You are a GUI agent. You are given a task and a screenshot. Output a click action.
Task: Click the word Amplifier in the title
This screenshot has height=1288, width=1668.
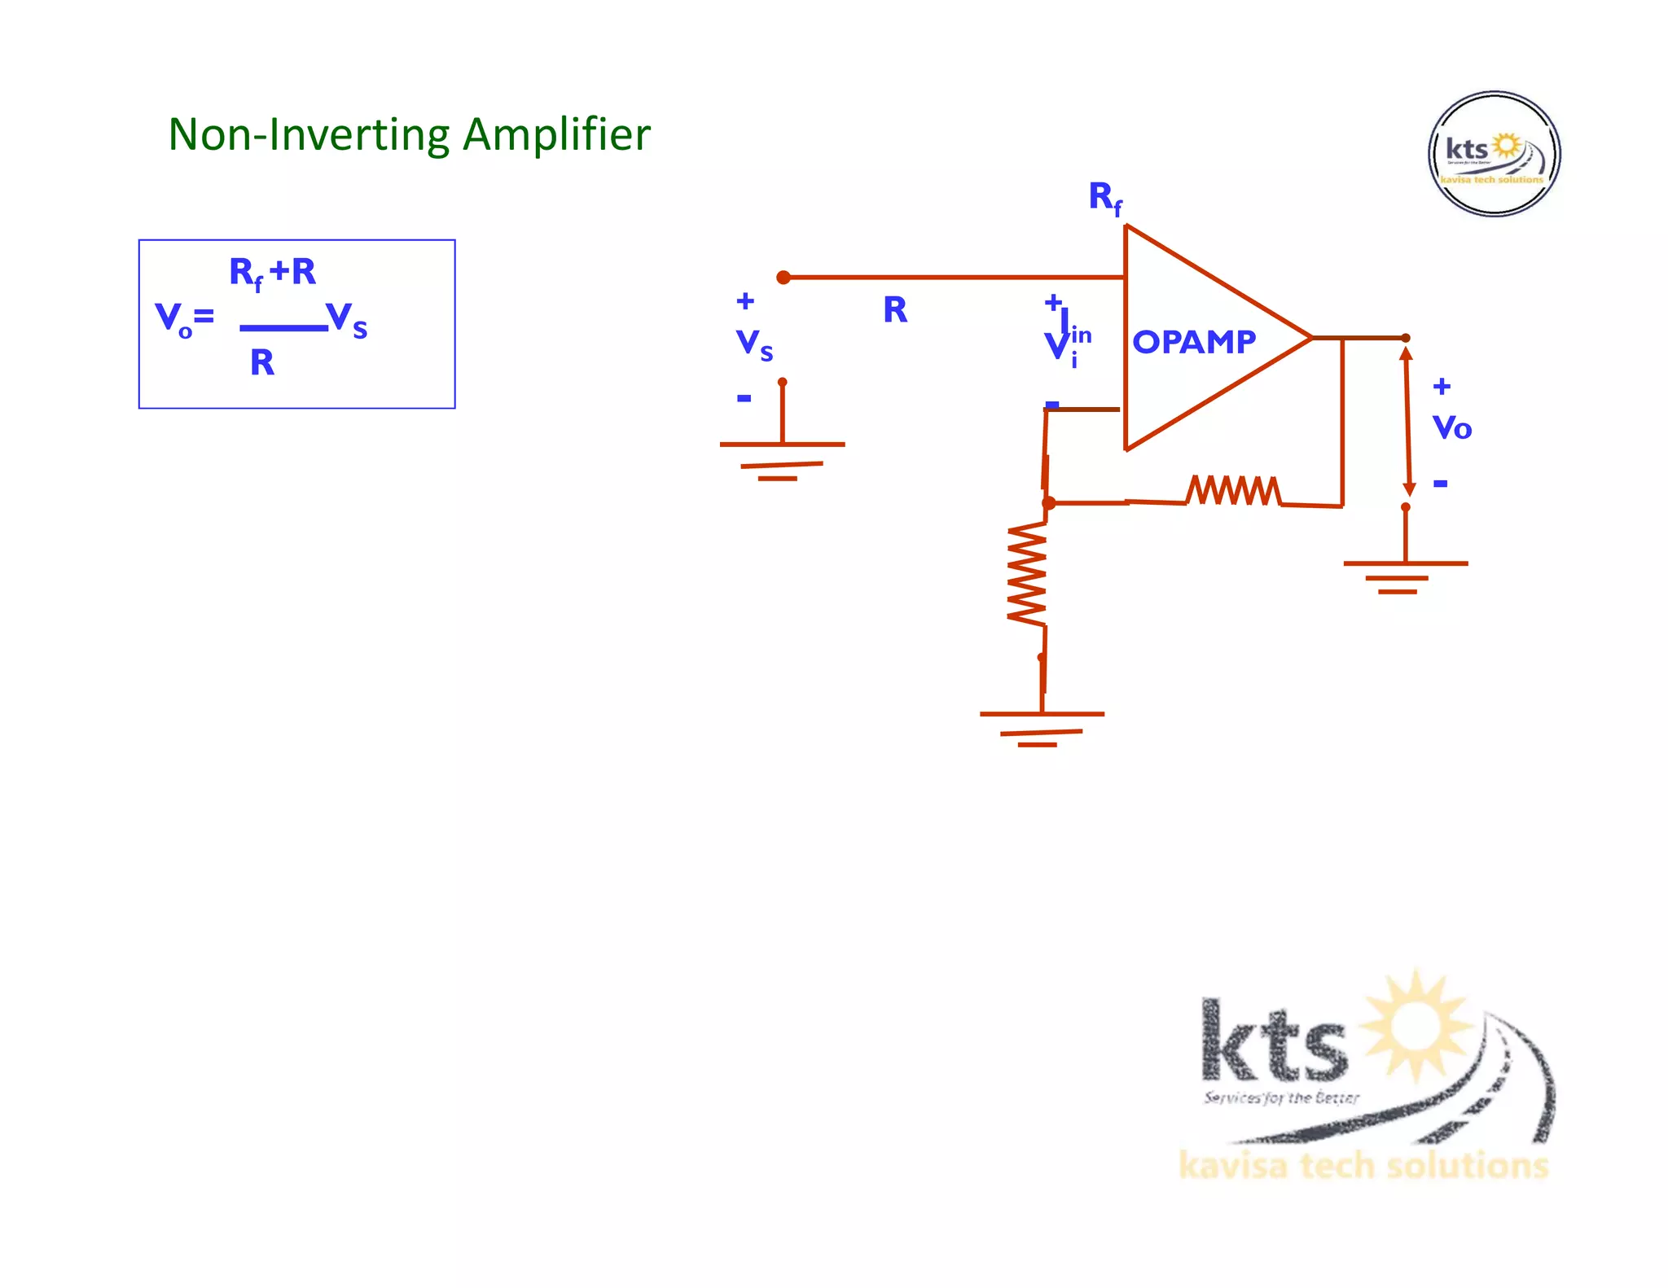click(x=556, y=134)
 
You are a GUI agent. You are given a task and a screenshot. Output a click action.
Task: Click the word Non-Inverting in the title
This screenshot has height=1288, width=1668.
click(x=309, y=134)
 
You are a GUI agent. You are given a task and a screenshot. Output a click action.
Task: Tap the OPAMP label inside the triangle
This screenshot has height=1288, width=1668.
click(x=1194, y=342)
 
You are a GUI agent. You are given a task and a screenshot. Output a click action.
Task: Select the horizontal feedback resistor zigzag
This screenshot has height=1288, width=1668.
click(x=1233, y=490)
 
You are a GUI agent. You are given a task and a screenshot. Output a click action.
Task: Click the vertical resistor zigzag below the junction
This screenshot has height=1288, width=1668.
click(x=1027, y=574)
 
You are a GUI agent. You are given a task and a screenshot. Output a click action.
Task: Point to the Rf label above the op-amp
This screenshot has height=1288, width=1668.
click(x=1104, y=198)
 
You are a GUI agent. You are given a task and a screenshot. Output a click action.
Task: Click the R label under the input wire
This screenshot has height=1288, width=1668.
click(x=895, y=310)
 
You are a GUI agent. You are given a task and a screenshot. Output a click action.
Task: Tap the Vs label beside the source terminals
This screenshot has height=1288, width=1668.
click(x=753, y=344)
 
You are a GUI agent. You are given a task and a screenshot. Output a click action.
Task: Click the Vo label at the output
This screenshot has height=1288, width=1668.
click(x=1451, y=427)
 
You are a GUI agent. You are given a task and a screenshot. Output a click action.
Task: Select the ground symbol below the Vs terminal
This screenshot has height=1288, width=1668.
click(x=782, y=460)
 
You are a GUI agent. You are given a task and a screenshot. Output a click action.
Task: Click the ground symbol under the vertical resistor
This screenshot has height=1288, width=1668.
click(x=1042, y=728)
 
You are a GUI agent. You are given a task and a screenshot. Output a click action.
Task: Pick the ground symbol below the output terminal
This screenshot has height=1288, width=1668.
click(x=1405, y=576)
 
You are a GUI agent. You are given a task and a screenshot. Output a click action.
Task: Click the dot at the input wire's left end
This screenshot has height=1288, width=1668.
click(x=784, y=278)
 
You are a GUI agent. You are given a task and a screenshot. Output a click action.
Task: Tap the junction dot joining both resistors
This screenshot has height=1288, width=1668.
click(x=1049, y=503)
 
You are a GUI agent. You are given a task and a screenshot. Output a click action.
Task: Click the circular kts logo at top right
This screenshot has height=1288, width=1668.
click(x=1494, y=154)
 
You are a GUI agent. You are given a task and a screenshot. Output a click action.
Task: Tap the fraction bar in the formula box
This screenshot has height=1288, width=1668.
click(x=283, y=328)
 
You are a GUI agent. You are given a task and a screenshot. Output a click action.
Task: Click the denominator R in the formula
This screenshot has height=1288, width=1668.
click(x=262, y=363)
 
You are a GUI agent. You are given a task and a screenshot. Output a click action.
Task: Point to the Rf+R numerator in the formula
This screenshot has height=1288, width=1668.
click(x=272, y=273)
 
